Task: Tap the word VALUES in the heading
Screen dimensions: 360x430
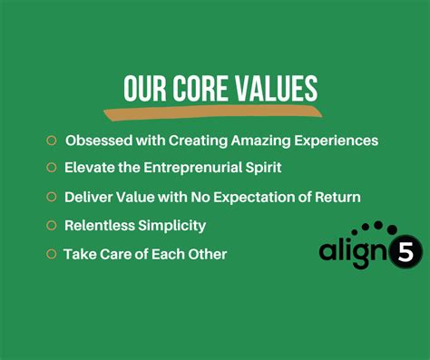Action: (278, 88)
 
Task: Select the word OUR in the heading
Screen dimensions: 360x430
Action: (142, 88)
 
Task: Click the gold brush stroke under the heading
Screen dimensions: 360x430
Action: (213, 112)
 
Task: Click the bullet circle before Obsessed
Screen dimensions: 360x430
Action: (52, 141)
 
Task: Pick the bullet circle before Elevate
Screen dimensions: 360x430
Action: (52, 168)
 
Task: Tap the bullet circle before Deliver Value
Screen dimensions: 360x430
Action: (52, 197)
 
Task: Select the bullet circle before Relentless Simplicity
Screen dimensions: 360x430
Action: (52, 225)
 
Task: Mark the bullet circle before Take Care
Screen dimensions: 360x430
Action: (52, 254)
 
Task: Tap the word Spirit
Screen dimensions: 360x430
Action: (262, 168)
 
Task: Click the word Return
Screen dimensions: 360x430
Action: (337, 197)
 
